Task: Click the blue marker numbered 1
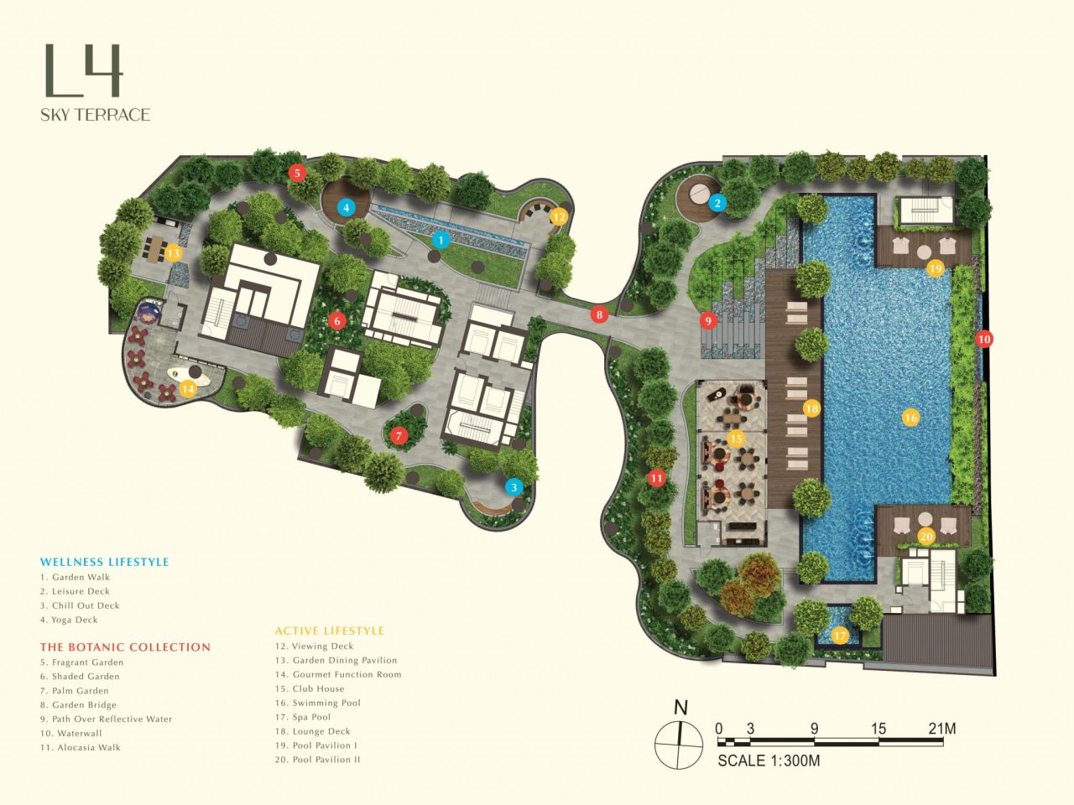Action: (x=440, y=240)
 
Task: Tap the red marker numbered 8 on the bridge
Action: (x=598, y=315)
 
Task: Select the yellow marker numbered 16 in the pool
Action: (x=910, y=417)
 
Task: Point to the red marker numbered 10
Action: (x=984, y=339)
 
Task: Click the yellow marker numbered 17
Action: (x=840, y=636)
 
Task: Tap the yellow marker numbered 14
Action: (x=188, y=388)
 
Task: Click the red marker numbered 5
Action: (x=296, y=173)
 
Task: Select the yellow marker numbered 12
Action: (x=559, y=216)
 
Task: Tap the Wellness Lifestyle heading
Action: (x=105, y=562)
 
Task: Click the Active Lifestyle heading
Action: (x=330, y=631)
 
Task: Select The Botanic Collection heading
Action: (x=125, y=647)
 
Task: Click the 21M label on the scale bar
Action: (x=941, y=729)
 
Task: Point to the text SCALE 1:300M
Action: (x=769, y=761)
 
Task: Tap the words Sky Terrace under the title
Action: (x=96, y=115)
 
